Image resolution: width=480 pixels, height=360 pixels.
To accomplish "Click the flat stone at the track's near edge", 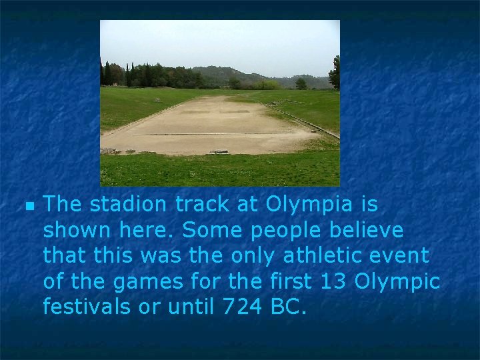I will pos(219,151).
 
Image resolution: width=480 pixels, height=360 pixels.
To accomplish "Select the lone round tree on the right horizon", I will pos(301,83).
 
